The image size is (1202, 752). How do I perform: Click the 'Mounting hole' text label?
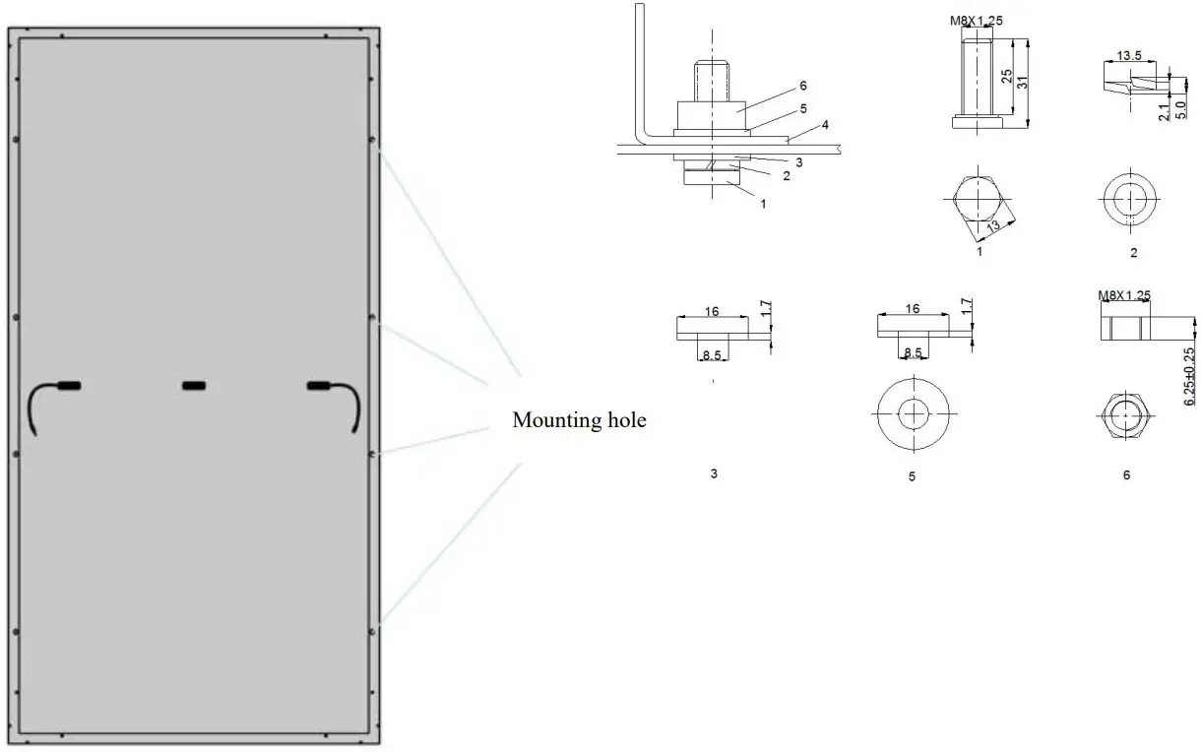pos(579,421)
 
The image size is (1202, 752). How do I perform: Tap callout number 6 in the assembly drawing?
pos(803,86)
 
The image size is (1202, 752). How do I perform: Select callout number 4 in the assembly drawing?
pos(826,125)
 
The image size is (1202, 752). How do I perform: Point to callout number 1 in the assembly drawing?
pos(762,204)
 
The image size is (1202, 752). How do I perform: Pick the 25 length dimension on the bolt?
pos(1006,76)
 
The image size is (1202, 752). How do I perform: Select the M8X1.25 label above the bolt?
pos(978,19)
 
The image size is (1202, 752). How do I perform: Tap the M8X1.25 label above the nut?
pos(1123,294)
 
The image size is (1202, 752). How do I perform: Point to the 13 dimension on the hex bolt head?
pos(993,225)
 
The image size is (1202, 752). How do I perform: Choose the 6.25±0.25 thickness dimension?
pos(1189,375)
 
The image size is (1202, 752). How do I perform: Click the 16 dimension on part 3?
pos(712,311)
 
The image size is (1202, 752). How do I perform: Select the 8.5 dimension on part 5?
pos(913,351)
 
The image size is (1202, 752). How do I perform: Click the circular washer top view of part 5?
pos(913,411)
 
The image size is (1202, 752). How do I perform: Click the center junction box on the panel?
pos(195,385)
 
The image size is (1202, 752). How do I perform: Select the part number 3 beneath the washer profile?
pos(714,473)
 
